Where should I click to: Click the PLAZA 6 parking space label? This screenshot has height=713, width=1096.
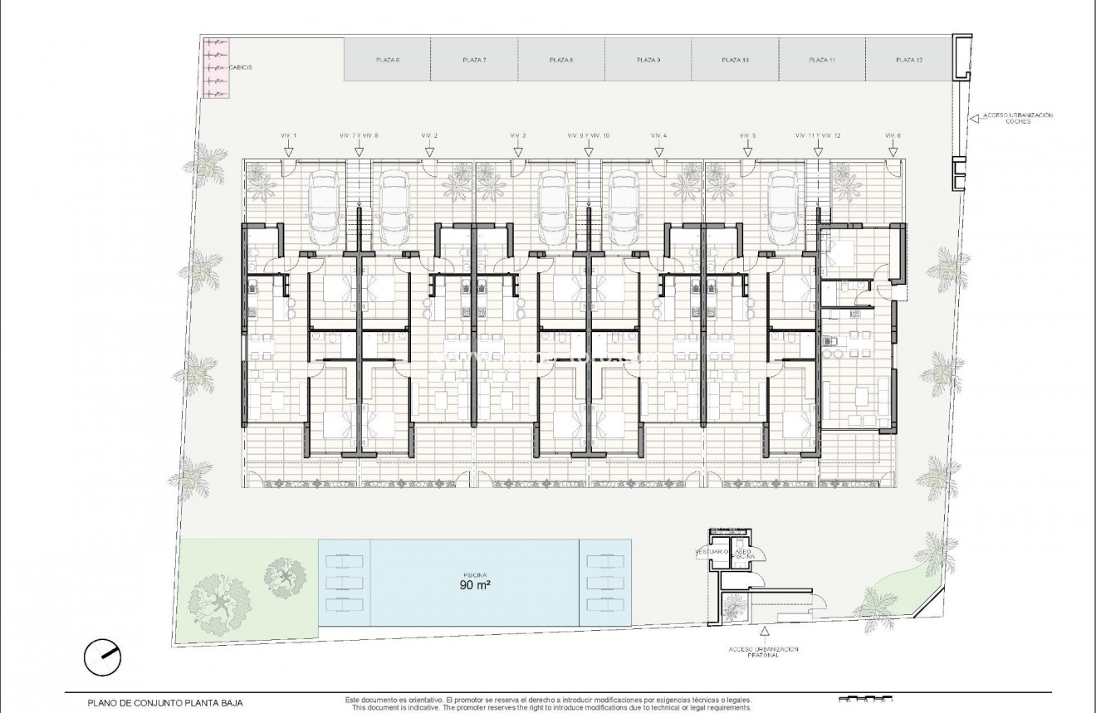388,61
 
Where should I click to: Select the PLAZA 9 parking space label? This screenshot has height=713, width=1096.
648,61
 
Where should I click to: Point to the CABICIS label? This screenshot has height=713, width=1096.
240,67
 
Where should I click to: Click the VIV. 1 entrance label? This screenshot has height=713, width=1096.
288,135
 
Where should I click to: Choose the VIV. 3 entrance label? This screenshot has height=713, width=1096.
518,135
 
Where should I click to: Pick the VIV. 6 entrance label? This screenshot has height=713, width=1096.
893,135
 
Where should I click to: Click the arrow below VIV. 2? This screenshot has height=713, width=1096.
429,150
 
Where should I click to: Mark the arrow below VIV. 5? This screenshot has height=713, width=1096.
747,150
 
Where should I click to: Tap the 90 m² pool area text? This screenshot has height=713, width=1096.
475,584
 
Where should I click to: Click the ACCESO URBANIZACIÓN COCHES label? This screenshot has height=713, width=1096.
1017,118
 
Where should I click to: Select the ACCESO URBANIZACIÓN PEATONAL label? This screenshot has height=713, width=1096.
762,652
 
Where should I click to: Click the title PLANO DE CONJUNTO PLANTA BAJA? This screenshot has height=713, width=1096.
165,702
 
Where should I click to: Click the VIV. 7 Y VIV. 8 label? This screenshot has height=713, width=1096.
359,135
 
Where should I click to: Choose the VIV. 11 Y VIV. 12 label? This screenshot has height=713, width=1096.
818,135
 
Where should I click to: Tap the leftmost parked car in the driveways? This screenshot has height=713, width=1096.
325,203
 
